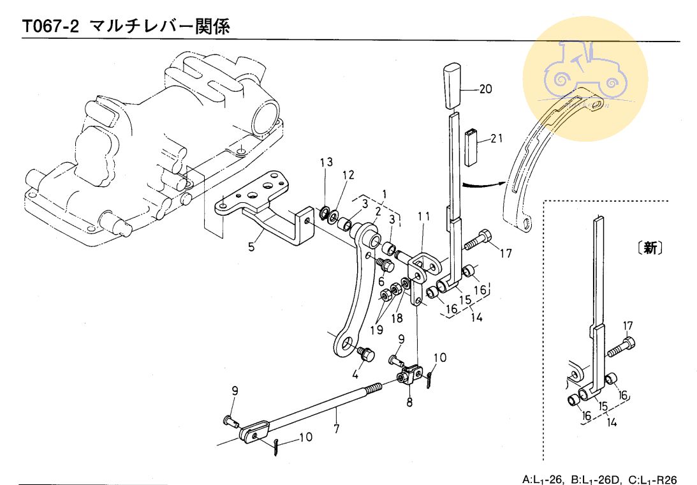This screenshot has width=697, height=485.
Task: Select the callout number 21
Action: point(497,138)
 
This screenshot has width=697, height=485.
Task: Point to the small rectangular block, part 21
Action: point(472,147)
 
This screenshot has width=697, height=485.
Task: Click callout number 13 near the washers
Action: point(326,163)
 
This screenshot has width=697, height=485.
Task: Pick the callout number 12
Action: point(348,175)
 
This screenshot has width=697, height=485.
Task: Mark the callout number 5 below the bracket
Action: point(252,246)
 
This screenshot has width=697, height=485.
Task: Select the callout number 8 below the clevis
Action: point(409,403)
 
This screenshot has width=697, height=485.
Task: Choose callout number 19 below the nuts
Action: point(376,329)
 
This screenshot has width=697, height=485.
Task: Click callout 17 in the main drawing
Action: point(506,253)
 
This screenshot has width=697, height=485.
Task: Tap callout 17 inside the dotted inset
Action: point(628,326)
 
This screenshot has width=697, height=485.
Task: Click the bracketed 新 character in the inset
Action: point(650,249)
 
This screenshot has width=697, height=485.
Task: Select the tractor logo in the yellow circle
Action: point(585,71)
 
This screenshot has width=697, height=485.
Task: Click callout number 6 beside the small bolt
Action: point(381,282)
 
